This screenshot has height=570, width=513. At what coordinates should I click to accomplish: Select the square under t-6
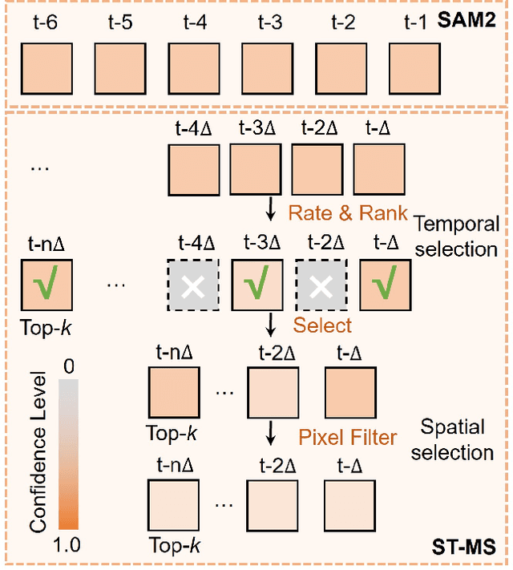pos(44,67)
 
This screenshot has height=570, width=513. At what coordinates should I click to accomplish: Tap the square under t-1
pos(415,67)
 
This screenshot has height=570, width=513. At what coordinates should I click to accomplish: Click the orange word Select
pos(322,325)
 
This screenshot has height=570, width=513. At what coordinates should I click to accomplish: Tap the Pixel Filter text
pos(347,437)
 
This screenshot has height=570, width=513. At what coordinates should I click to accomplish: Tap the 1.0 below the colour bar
pos(68,546)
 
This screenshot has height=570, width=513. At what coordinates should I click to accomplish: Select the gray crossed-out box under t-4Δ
pos(192,285)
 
